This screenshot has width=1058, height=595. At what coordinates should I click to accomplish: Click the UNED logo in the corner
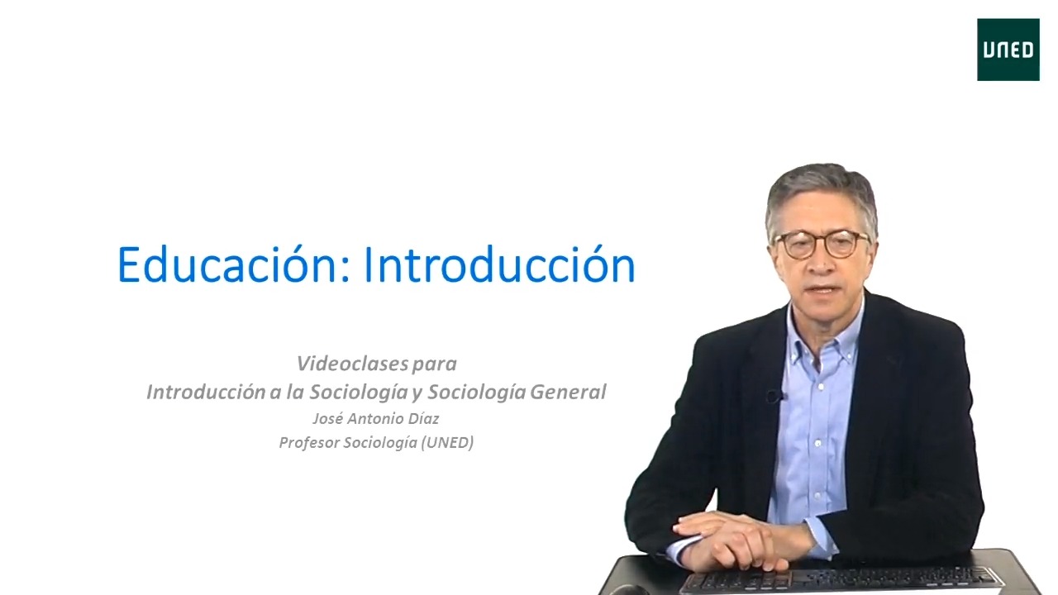pos(1008,50)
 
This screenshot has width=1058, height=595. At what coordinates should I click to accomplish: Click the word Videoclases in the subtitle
pos(352,364)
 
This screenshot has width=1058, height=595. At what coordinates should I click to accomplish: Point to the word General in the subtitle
pos(568,392)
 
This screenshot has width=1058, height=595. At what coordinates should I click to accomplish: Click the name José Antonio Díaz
pos(376,418)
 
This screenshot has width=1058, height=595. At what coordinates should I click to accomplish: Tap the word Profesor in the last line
pos(309,442)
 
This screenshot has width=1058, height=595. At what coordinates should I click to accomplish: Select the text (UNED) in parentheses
pos(447,442)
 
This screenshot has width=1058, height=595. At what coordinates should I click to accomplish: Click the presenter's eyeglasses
pos(822,244)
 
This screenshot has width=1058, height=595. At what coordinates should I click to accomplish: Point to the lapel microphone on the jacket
pos(774,396)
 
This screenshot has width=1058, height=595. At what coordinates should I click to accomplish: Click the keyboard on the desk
pos(841,579)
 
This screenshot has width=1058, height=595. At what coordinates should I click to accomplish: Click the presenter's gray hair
pos(822,193)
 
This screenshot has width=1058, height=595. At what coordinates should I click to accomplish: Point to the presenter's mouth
pos(822,289)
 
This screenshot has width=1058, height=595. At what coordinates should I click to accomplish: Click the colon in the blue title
pos(345,271)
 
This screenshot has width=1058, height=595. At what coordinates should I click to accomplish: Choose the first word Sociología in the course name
pos(359,392)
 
